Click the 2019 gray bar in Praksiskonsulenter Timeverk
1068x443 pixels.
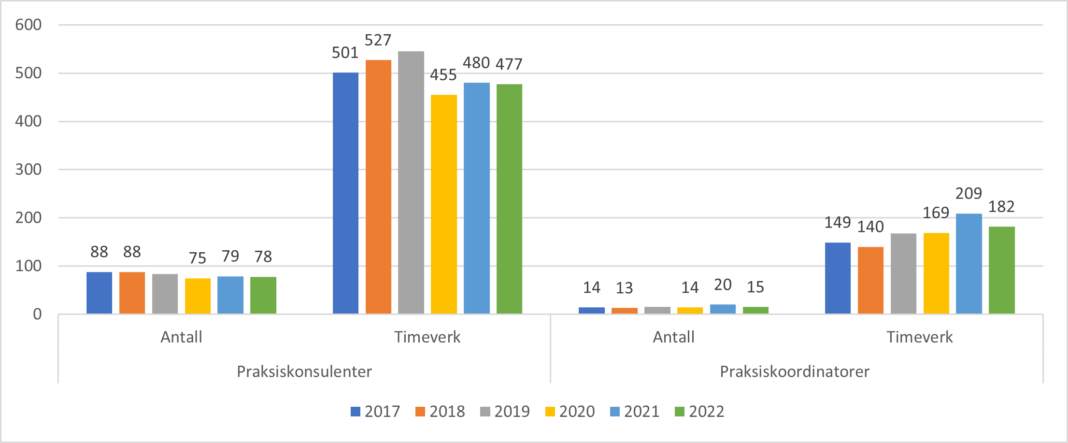pos(411,183)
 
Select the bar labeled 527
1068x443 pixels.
pos(378,187)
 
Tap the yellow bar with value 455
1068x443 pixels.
pos(443,204)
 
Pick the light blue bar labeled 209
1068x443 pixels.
pos(968,264)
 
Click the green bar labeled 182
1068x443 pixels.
pos(1001,270)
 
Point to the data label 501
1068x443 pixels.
pos(345,53)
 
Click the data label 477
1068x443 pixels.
pos(509,64)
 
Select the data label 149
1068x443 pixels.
pos(837,222)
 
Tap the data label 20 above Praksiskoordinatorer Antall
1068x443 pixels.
pos(723,285)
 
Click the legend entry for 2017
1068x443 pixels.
pos(375,412)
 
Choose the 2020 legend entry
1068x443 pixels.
pos(570,412)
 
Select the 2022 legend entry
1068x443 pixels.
pos(699,412)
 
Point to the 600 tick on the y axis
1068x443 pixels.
pos(28,25)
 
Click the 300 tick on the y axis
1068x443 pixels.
pos(28,170)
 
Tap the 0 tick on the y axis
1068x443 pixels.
pos(37,314)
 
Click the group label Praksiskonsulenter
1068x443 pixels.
pos(304,372)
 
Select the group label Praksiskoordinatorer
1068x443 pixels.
pos(795,372)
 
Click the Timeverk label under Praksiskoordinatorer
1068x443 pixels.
pos(919,337)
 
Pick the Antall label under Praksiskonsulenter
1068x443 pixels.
pos(181,337)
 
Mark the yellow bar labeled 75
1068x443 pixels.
pos(198,296)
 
